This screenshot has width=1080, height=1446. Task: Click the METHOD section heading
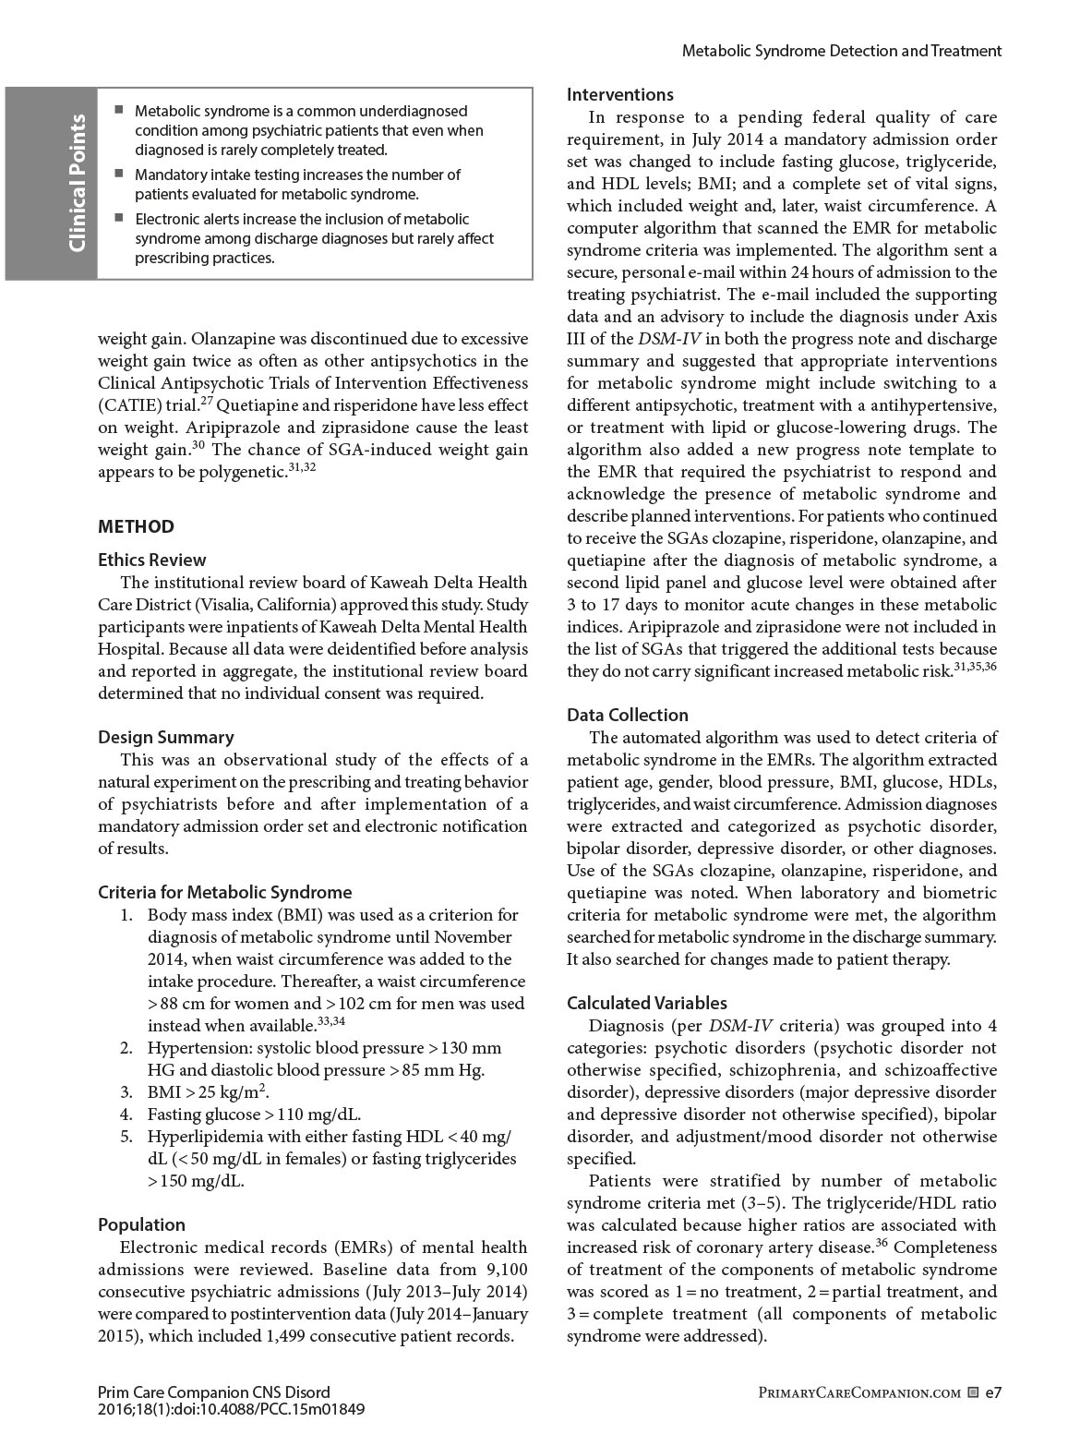[136, 526]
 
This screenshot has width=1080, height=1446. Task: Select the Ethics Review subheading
[152, 560]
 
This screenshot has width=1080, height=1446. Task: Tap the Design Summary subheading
[166, 737]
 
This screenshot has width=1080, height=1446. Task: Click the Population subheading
[141, 1224]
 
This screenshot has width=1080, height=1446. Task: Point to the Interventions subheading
[620, 94]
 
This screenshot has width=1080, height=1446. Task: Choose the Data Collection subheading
[628, 715]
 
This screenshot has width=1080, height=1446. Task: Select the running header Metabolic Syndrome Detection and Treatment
[841, 51]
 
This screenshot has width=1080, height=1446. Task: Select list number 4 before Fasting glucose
[127, 1114]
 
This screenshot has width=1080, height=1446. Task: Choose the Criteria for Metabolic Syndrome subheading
[225, 892]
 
